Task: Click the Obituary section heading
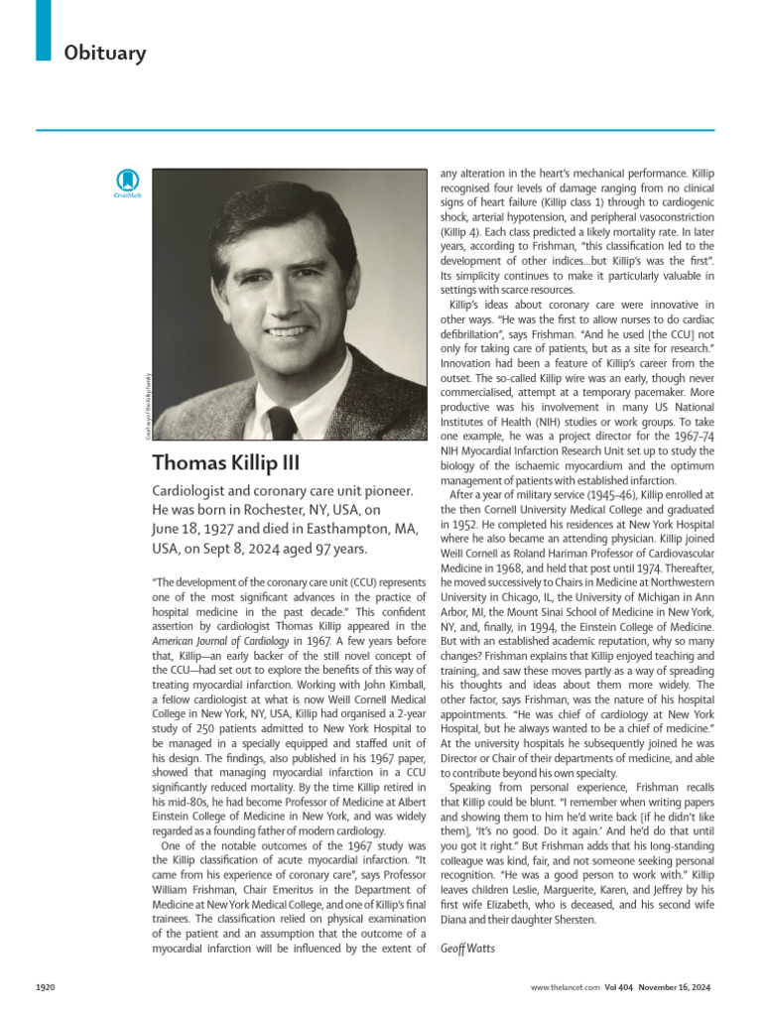[104, 52]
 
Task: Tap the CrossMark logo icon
[127, 183]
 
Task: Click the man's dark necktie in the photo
[282, 424]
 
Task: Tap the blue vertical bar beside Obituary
[43, 30]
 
